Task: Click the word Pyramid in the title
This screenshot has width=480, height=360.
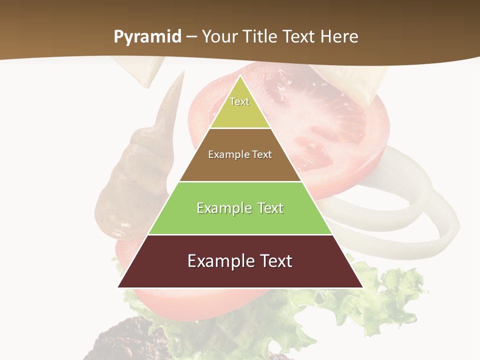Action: point(147,37)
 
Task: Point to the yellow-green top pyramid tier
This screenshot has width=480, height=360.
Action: point(240,112)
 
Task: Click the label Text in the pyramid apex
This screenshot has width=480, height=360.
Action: point(239,101)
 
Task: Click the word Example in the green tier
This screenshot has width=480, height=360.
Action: point(223,208)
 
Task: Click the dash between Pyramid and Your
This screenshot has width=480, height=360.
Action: point(191,37)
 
